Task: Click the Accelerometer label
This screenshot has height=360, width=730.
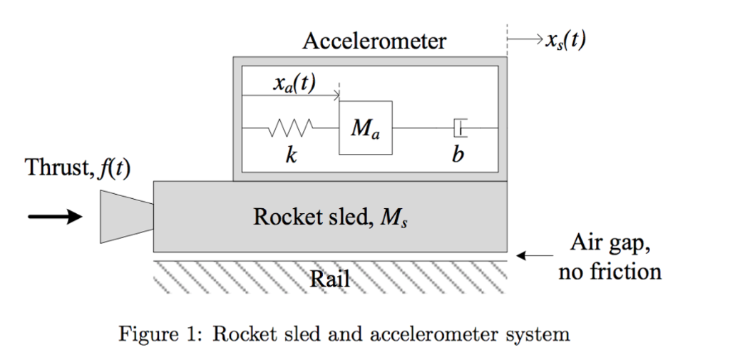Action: pyautogui.click(x=374, y=41)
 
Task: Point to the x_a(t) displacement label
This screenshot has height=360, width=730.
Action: pyautogui.click(x=294, y=83)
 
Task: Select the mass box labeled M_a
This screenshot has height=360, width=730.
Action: pyautogui.click(x=366, y=128)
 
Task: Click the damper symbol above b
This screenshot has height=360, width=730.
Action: pyautogui.click(x=459, y=128)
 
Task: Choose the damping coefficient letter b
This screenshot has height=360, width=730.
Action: pyautogui.click(x=457, y=155)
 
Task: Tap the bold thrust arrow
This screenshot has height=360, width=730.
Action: pyautogui.click(x=56, y=216)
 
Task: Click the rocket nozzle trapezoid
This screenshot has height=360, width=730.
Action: pyautogui.click(x=127, y=216)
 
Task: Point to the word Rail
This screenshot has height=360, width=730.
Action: pyautogui.click(x=330, y=279)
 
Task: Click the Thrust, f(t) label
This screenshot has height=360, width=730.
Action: pyautogui.click(x=78, y=168)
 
